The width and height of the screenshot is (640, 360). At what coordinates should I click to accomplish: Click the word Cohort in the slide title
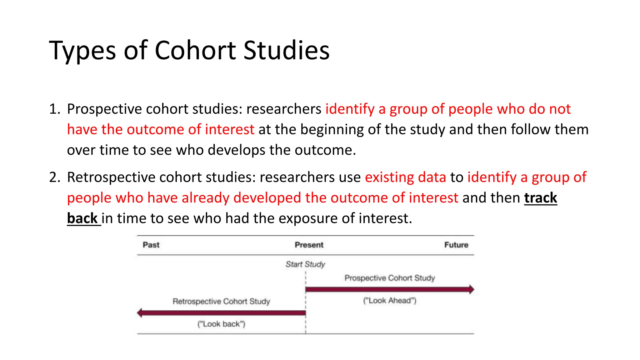[x=195, y=50]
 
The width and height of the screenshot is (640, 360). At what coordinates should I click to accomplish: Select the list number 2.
[x=54, y=177]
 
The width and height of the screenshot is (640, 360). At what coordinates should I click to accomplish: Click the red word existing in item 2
[x=389, y=177]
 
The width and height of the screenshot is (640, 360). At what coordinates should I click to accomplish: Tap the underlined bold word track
[x=540, y=198]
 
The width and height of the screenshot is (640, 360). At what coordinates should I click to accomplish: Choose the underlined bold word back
[x=82, y=218]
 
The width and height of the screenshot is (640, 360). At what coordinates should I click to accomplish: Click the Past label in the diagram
[x=151, y=245]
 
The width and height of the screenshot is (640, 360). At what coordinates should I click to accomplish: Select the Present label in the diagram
[x=309, y=245]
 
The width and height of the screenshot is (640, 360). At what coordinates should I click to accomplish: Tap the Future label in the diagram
[x=456, y=245]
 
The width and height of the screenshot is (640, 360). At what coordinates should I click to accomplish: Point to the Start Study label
[x=305, y=264]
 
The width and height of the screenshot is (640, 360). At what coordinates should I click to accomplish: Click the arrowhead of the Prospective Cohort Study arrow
[x=471, y=289]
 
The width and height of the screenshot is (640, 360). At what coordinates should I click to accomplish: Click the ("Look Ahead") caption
[x=389, y=301]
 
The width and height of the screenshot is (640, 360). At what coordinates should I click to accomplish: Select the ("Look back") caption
[x=221, y=324]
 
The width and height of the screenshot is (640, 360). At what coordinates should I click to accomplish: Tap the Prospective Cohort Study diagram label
[x=389, y=278]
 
